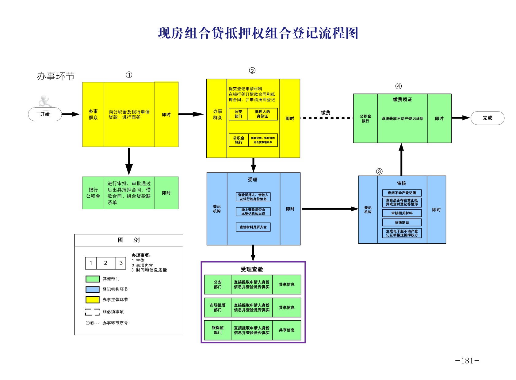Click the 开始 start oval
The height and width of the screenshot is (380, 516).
pos(45,114)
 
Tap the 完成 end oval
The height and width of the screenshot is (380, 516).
pos(487,118)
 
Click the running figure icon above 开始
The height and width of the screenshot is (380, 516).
pos(45,101)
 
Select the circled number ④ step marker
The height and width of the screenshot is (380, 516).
pos(398,86)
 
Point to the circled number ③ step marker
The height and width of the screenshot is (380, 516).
pos(379,171)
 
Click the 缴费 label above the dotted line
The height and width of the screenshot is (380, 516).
pos(326,112)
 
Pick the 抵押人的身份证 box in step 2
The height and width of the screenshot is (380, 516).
pos(262,114)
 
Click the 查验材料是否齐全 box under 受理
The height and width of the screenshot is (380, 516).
pos(253,227)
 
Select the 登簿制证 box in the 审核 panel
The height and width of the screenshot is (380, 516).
pos(402,222)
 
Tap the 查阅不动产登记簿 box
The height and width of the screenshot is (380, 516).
pos(402,193)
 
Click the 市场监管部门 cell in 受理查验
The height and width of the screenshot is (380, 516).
pos(217,307)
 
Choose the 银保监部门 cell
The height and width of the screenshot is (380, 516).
pos(217,330)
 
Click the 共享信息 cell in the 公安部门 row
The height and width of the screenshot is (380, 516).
pos(286,284)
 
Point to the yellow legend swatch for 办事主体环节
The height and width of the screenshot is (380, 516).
pos(92,300)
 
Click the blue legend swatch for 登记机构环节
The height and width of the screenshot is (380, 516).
pos(92,289)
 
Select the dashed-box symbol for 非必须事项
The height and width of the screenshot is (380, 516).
pos(92,312)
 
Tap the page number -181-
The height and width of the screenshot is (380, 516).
pos(467,361)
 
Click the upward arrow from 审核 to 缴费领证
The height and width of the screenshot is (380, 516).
pos(401,159)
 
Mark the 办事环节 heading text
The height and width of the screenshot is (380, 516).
pos(55,76)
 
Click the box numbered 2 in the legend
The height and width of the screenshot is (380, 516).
pos(105,263)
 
